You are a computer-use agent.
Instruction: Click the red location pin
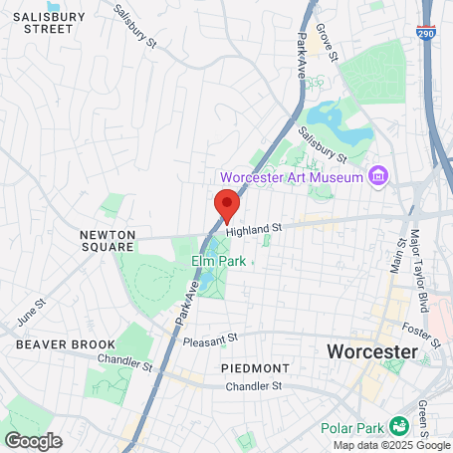click(227, 203)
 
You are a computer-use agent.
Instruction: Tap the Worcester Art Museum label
click(291, 177)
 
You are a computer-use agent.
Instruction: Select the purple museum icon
click(377, 177)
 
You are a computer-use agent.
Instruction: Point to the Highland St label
click(254, 228)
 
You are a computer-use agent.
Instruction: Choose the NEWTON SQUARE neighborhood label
click(107, 240)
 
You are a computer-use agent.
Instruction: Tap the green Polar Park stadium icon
click(399, 424)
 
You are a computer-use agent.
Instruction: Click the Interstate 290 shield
click(426, 31)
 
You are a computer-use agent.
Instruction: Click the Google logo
click(33, 440)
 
